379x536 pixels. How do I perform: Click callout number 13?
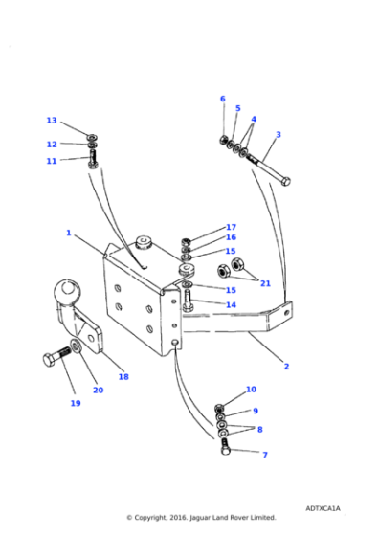pyautogui.click(x=52, y=121)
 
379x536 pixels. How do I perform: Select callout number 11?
pyautogui.click(x=52, y=161)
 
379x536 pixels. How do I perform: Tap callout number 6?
pyautogui.click(x=223, y=99)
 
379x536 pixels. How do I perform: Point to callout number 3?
pyautogui.click(x=279, y=135)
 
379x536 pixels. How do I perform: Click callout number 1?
pyautogui.click(x=69, y=233)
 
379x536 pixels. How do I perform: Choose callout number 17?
pyautogui.click(x=231, y=227)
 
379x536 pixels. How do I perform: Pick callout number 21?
pyautogui.click(x=265, y=283)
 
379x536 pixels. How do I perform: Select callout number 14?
pyautogui.click(x=231, y=304)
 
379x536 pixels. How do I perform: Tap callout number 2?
pyautogui.click(x=286, y=366)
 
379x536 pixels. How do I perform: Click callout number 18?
pyautogui.click(x=123, y=377)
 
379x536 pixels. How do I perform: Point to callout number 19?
pyautogui.click(x=76, y=403)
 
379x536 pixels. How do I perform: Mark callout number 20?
pyautogui.click(x=98, y=390)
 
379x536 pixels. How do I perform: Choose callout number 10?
pyautogui.click(x=251, y=390)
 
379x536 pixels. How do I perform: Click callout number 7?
pyautogui.click(x=265, y=455)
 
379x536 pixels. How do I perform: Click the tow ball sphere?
pyautogui.click(x=69, y=289)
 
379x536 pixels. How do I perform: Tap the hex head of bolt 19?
pyautogui.click(x=52, y=361)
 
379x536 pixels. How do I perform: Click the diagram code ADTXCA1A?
pyautogui.click(x=323, y=508)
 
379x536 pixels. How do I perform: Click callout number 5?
pyautogui.click(x=238, y=109)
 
